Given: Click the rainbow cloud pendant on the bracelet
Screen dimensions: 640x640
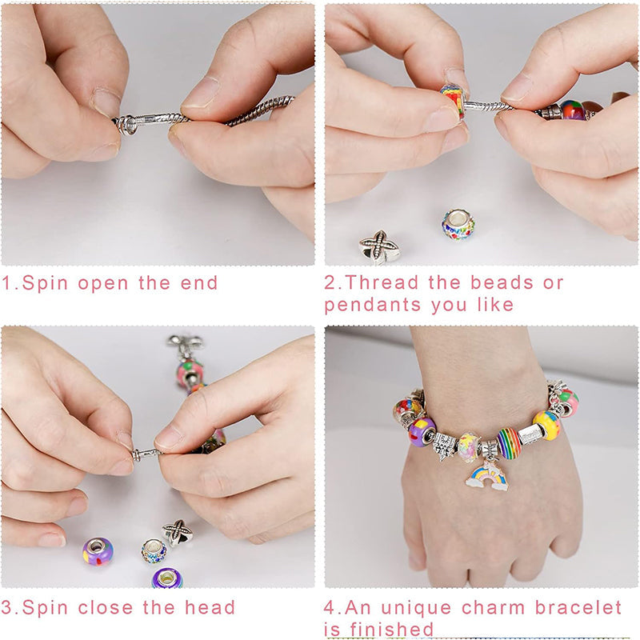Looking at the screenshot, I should click(488, 476).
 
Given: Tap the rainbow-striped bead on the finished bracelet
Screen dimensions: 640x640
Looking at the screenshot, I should click(509, 442).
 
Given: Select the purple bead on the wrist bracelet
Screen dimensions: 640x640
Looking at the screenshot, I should click(422, 431).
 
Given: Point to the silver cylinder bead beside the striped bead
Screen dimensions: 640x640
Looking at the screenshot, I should click(530, 434).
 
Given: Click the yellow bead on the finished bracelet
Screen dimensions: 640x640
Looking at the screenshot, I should click(547, 425).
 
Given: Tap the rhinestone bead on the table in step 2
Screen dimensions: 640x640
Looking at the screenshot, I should click(458, 225).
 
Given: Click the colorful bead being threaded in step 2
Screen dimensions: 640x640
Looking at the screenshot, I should click(453, 101).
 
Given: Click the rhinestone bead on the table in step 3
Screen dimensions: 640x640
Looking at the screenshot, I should click(154, 550).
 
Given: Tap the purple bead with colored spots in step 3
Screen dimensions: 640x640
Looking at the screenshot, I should click(97, 551).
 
